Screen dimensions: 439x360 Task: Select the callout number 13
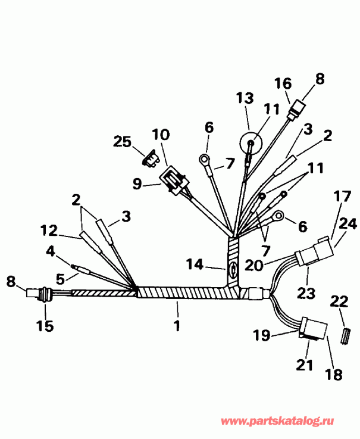(245, 99)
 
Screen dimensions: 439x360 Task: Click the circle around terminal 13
(251, 144)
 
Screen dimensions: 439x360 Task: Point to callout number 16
(283, 83)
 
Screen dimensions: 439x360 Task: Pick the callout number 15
(45, 326)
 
